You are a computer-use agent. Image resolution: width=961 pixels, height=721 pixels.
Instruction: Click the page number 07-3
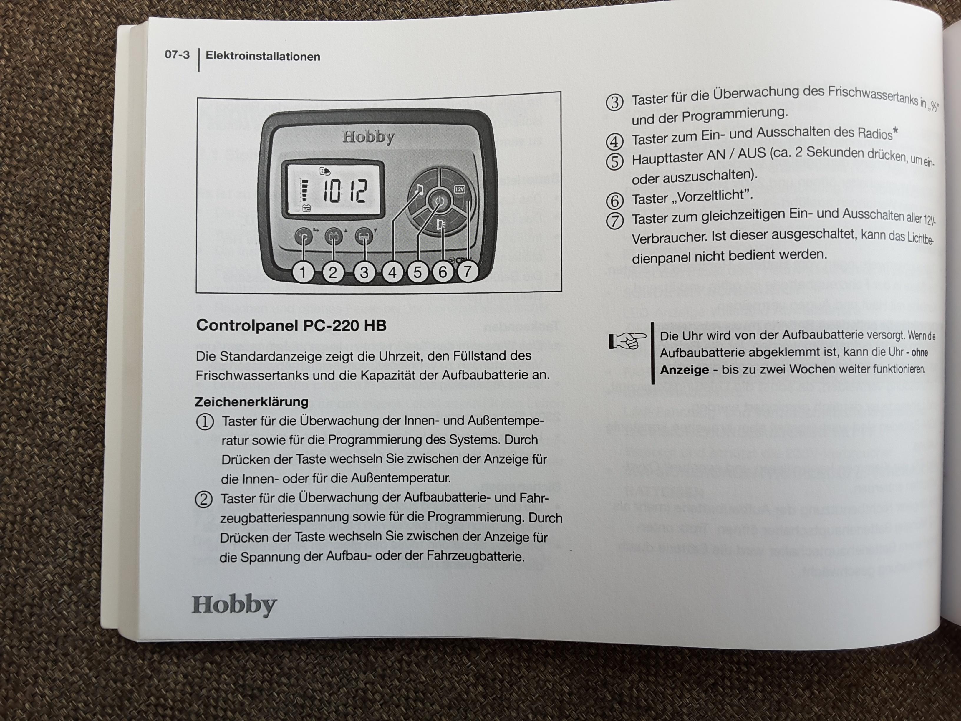(x=177, y=55)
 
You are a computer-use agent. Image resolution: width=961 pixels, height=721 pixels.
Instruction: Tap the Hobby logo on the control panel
(x=368, y=137)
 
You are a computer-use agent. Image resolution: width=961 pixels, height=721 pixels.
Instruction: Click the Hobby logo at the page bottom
(x=234, y=605)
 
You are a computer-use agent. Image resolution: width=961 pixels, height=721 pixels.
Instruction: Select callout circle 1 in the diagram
(x=303, y=272)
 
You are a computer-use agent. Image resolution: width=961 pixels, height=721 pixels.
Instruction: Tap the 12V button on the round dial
(x=460, y=189)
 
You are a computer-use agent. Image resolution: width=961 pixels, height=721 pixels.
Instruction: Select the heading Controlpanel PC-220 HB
(x=291, y=325)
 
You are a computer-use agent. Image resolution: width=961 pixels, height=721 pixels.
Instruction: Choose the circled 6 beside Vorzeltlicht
(x=614, y=201)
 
